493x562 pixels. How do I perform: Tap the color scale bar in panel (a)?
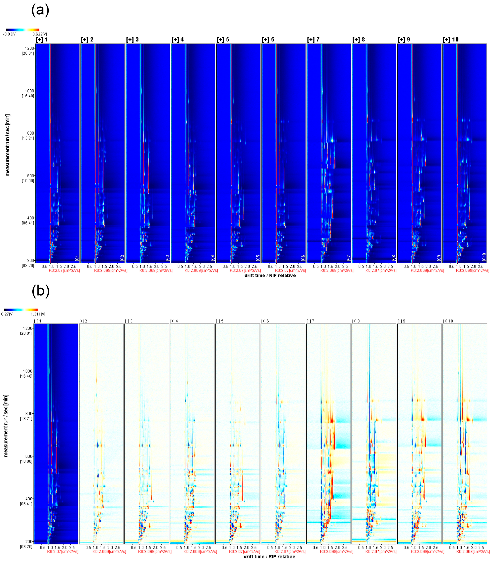tap(23, 30)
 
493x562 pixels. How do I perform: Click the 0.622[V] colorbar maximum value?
tap(40, 34)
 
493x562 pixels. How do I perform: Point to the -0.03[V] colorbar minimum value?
tap(10, 34)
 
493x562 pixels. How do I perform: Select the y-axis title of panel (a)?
tap(7, 145)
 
